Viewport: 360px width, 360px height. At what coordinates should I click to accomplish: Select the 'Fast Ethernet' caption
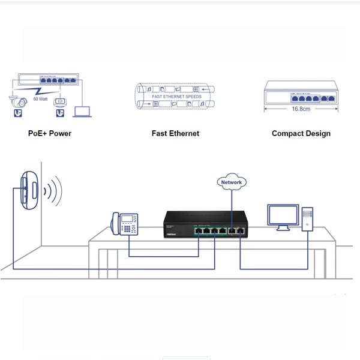click(x=175, y=133)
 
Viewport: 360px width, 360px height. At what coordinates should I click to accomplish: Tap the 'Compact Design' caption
click(x=301, y=133)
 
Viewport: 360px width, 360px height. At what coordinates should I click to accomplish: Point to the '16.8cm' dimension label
click(x=301, y=110)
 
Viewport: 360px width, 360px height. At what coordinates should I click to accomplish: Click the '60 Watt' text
click(x=41, y=98)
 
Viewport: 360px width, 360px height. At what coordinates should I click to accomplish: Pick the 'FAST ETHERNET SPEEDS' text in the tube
click(x=176, y=96)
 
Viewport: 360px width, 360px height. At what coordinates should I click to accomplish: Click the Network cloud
click(x=232, y=182)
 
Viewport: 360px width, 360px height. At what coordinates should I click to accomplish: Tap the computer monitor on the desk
click(x=283, y=216)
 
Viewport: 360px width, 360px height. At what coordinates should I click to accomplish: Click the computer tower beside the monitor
click(x=307, y=219)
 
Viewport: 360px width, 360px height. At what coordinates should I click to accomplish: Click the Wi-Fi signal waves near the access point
click(x=53, y=190)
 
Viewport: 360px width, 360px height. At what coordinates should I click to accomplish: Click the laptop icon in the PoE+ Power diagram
click(x=81, y=111)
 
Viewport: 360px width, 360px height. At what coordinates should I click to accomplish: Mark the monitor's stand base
click(x=282, y=229)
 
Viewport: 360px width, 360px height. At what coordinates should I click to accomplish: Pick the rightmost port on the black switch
click(x=241, y=230)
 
